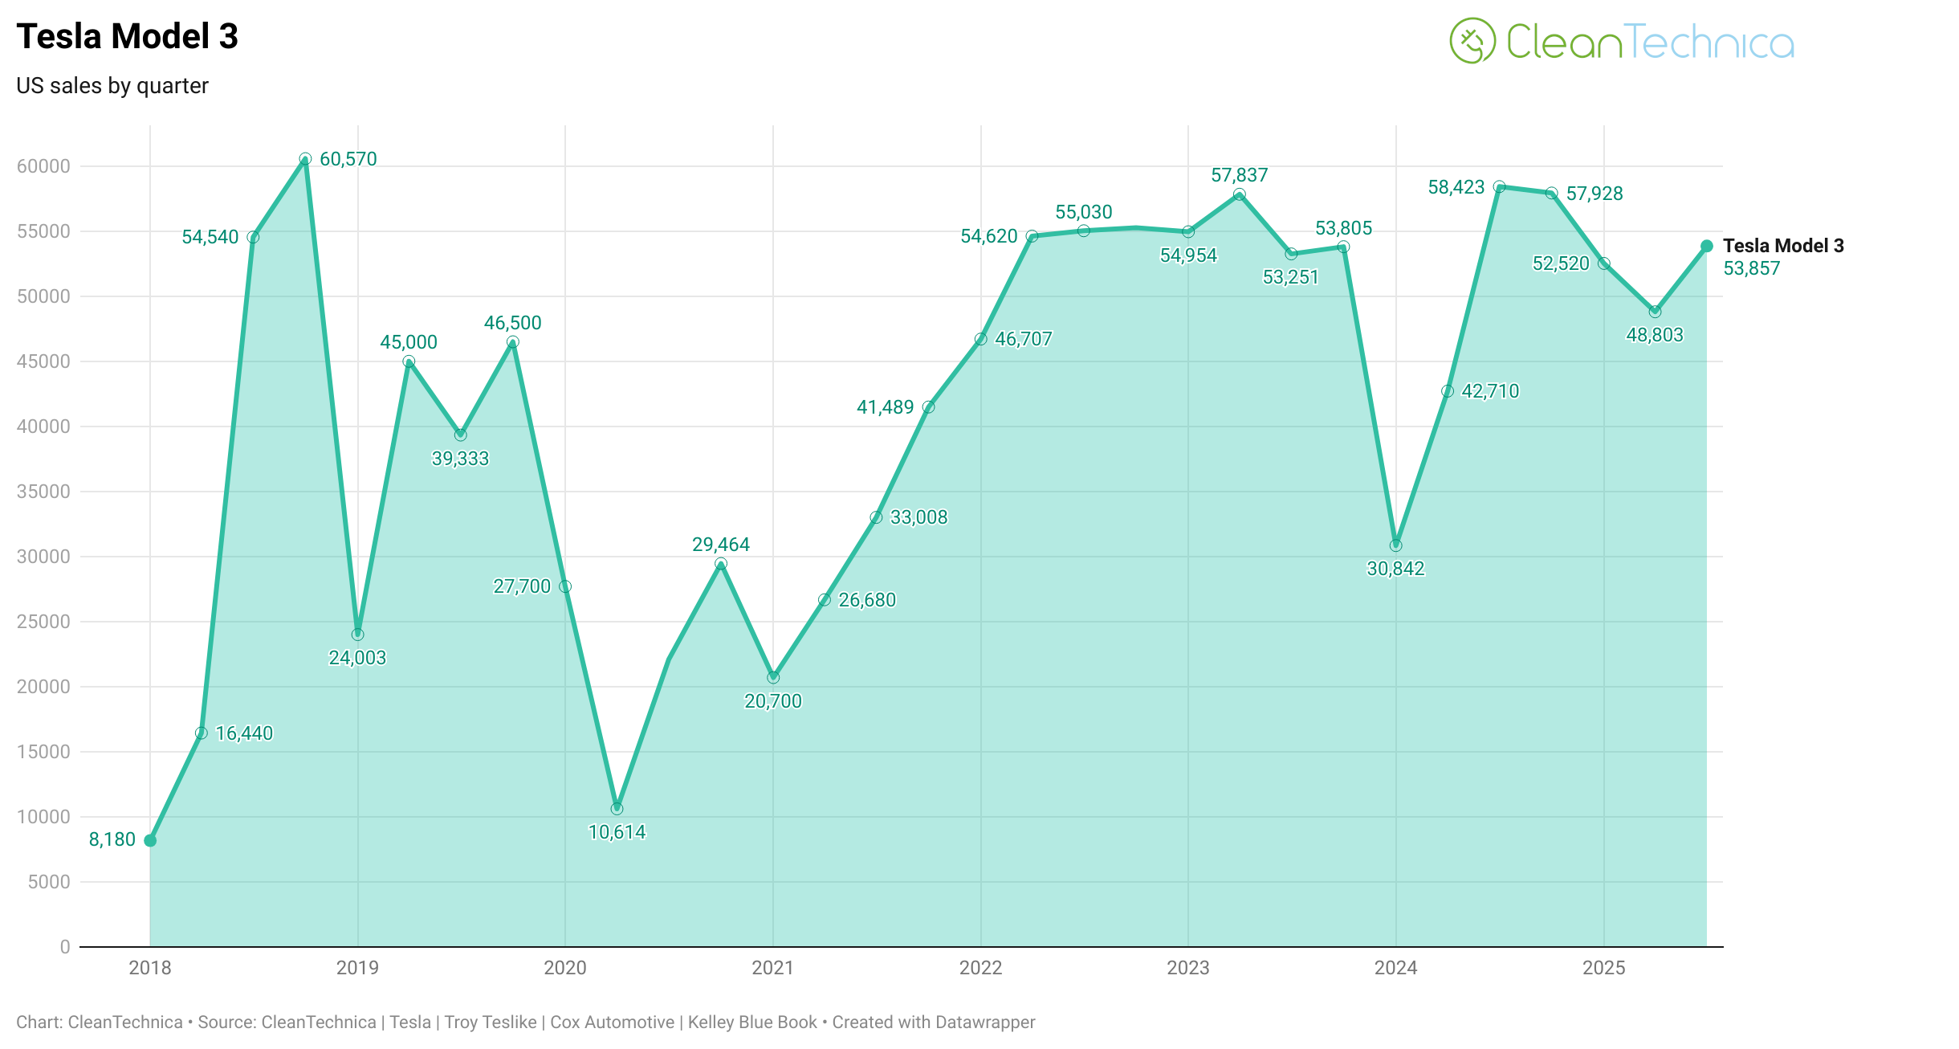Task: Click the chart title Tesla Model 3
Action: pyautogui.click(x=127, y=37)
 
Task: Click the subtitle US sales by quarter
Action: pyautogui.click(x=112, y=86)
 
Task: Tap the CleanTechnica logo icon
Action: pyautogui.click(x=1472, y=41)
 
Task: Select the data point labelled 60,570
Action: pyautogui.click(x=305, y=159)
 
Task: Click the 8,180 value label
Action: pyautogui.click(x=112, y=839)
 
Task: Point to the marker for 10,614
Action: pyautogui.click(x=617, y=808)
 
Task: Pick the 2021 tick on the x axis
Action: pyautogui.click(x=772, y=968)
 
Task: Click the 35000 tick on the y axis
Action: pyautogui.click(x=43, y=492)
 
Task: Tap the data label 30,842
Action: pyautogui.click(x=1395, y=569)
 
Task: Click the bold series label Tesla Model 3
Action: pyautogui.click(x=1782, y=246)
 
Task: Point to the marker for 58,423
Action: pyautogui.click(x=1499, y=187)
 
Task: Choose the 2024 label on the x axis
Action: pyautogui.click(x=1395, y=968)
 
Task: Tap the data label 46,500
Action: pyautogui.click(x=512, y=323)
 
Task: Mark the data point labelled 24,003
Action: pyautogui.click(x=357, y=635)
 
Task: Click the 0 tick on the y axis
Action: pyautogui.click(x=65, y=947)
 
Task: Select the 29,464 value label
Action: pyautogui.click(x=720, y=545)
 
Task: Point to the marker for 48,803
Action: pyautogui.click(x=1655, y=312)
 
